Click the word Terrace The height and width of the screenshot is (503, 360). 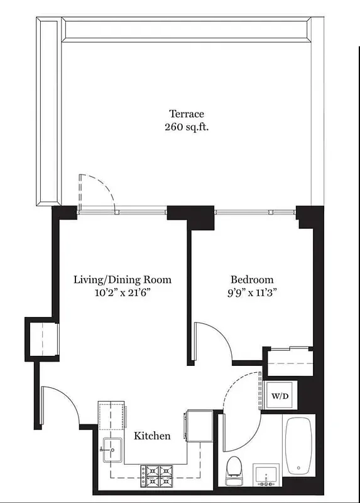tap(187, 114)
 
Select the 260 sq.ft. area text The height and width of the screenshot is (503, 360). tap(187, 126)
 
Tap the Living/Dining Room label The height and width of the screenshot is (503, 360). tap(122, 280)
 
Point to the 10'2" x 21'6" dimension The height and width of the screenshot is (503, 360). tap(122, 292)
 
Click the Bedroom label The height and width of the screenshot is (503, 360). tap(252, 280)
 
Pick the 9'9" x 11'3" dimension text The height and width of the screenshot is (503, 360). tap(252, 292)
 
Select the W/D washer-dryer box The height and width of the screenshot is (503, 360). tap(280, 396)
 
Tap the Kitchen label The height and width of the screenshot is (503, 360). tap(151, 436)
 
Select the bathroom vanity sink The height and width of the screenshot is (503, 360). tap(268, 475)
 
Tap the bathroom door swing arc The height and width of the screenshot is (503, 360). tap(242, 402)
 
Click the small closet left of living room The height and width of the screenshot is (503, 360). tap(41, 340)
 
